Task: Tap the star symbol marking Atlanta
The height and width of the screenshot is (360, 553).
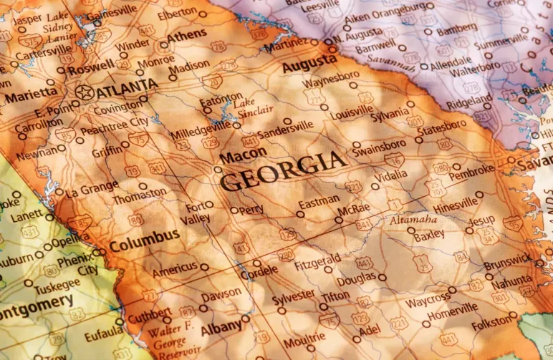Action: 85,92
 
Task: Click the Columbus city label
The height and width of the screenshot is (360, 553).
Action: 143,235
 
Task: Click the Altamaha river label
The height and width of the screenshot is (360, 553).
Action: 413,220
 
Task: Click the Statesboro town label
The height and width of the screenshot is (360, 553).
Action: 441,132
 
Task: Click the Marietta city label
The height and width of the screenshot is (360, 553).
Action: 31,93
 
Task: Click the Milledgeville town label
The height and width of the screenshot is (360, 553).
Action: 200,132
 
